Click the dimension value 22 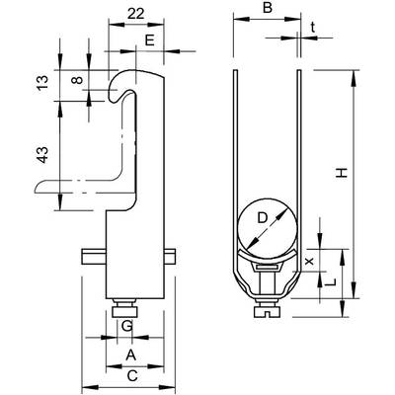(x=135, y=14)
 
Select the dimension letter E (x=149, y=40)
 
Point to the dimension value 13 (x=42, y=83)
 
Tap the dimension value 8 (x=77, y=80)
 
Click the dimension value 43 (x=42, y=155)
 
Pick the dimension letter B (x=268, y=8)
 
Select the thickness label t (x=313, y=29)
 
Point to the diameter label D (x=263, y=218)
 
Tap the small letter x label (x=308, y=262)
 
